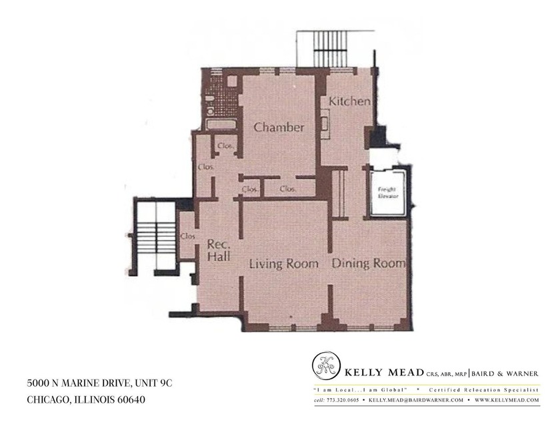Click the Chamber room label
279,127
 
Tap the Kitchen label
349,102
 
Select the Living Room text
283,264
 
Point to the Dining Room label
369,264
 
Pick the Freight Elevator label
387,192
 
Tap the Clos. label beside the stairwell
187,236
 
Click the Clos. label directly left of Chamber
225,145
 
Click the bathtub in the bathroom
218,124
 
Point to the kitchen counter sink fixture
325,124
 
